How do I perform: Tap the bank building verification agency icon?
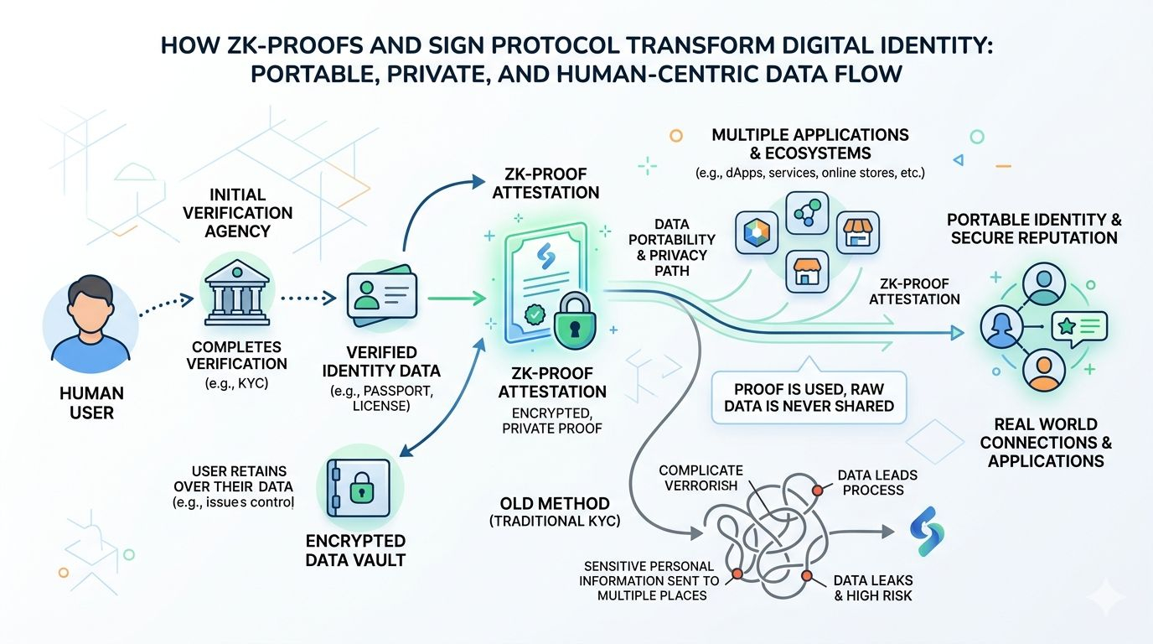[x=235, y=294]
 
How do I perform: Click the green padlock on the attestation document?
[x=576, y=322]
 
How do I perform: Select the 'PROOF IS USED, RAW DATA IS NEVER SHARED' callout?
[x=809, y=397]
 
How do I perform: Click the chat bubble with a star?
[x=1081, y=326]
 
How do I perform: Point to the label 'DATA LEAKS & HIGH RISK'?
[x=873, y=588]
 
